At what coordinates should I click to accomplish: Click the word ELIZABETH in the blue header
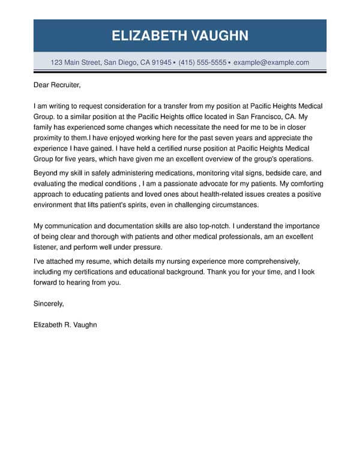tap(148, 35)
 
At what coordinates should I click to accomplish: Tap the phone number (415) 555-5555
tap(202, 62)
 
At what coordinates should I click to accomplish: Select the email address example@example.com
tap(271, 62)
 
